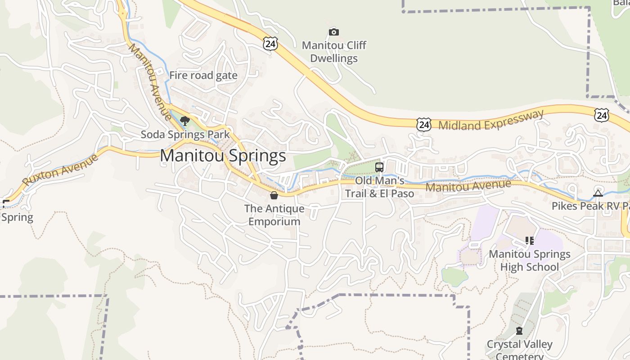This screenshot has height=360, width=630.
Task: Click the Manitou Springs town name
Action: [223, 156]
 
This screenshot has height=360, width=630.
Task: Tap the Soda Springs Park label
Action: [185, 134]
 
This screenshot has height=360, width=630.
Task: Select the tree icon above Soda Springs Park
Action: [184, 121]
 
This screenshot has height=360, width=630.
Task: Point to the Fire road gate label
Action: [203, 75]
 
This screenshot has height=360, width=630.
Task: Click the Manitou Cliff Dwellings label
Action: [334, 52]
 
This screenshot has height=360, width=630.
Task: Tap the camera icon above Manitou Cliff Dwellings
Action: [333, 32]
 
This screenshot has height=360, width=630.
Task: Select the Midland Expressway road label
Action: [491, 120]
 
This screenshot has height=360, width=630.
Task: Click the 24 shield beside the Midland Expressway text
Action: [423, 124]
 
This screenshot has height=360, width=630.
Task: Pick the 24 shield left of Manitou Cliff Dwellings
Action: [270, 44]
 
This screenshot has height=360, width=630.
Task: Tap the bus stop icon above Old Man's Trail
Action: [379, 167]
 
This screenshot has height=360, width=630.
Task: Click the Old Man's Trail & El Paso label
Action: [379, 187]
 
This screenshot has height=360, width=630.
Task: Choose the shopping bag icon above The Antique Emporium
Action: [274, 195]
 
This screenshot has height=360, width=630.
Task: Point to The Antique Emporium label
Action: [274, 215]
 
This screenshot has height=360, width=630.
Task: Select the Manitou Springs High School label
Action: [530, 260]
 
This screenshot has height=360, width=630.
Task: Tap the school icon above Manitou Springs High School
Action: [530, 241]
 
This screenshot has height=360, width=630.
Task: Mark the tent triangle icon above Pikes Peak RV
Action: [598, 193]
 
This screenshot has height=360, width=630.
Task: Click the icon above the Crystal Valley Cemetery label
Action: [519, 331]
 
